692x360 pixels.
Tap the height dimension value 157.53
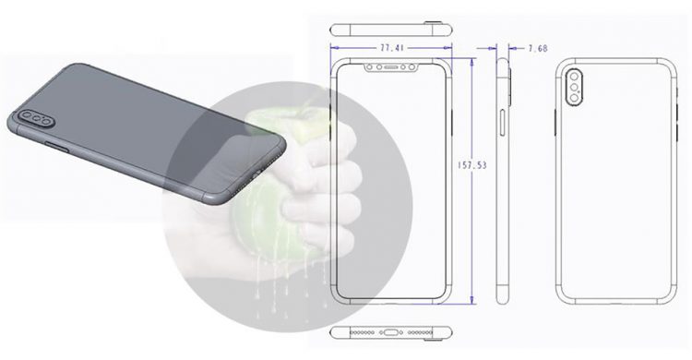click(473, 166)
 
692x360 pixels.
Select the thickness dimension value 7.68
click(537, 45)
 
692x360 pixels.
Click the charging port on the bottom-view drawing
click(391, 330)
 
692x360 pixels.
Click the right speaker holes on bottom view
click(421, 330)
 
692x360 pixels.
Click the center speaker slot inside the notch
click(391, 67)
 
